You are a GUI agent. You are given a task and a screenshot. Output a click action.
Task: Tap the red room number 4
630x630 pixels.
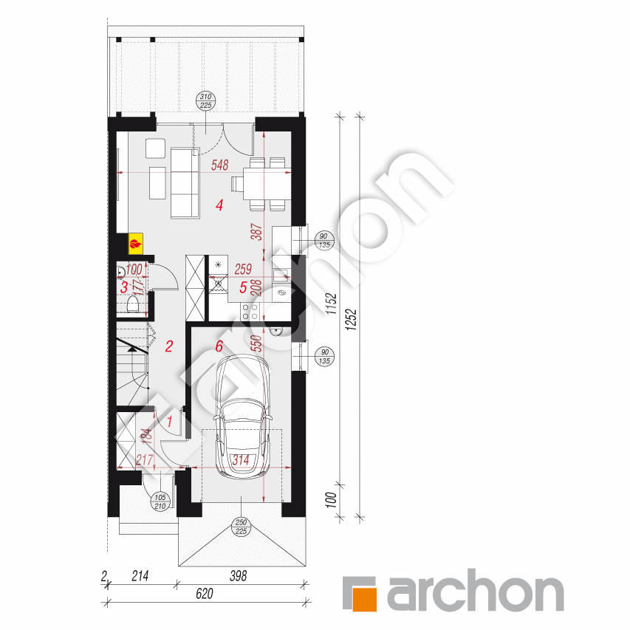click(x=219, y=206)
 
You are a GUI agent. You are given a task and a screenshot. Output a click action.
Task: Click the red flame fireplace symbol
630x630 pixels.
click(x=136, y=242)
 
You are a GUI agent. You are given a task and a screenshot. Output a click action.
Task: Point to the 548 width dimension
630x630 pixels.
click(x=219, y=165)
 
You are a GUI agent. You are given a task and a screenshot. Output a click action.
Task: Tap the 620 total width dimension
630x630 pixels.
click(x=205, y=593)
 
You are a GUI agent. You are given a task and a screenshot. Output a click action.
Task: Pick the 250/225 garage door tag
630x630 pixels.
click(x=242, y=527)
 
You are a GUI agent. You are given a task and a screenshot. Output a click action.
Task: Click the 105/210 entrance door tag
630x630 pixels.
click(x=160, y=501)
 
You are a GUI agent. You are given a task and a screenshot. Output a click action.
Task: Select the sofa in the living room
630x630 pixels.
click(x=185, y=182)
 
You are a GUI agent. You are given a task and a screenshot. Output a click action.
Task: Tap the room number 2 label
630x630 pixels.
click(x=169, y=346)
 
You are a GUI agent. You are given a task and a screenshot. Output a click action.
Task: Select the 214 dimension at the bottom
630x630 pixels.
click(x=140, y=575)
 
